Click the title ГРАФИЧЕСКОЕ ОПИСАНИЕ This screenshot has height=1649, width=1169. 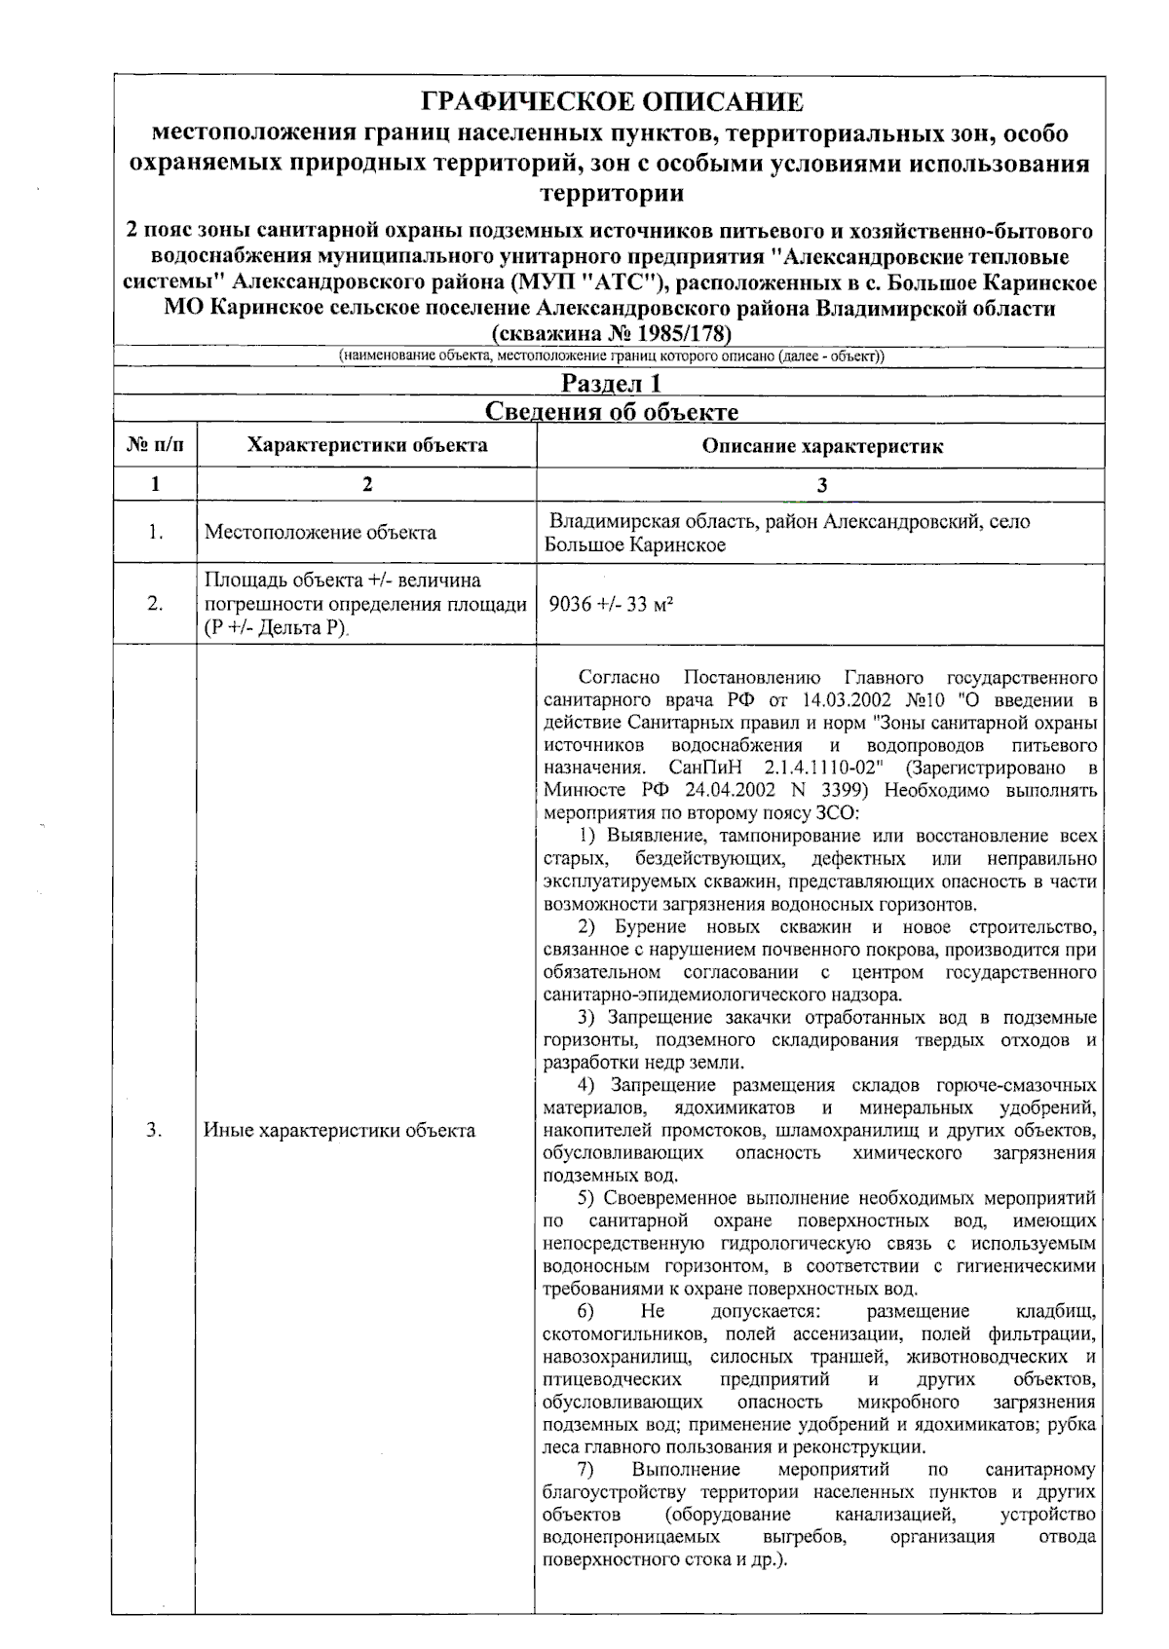pos(611,102)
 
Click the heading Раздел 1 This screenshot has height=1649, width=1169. pos(611,384)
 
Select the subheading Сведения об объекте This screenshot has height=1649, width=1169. pos(611,412)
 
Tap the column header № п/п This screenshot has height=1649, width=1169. pos(155,446)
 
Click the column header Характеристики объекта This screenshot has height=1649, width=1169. pos(366,446)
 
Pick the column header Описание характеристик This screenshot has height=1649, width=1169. pos(822,447)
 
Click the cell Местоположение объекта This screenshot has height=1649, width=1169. pos(321,533)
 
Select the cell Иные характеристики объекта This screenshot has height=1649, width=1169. pos(339,1131)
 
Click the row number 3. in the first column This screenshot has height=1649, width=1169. pos(154,1131)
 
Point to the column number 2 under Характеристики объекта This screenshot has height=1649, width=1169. pos(366,485)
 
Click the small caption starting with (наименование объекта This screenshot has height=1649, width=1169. pos(611,356)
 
